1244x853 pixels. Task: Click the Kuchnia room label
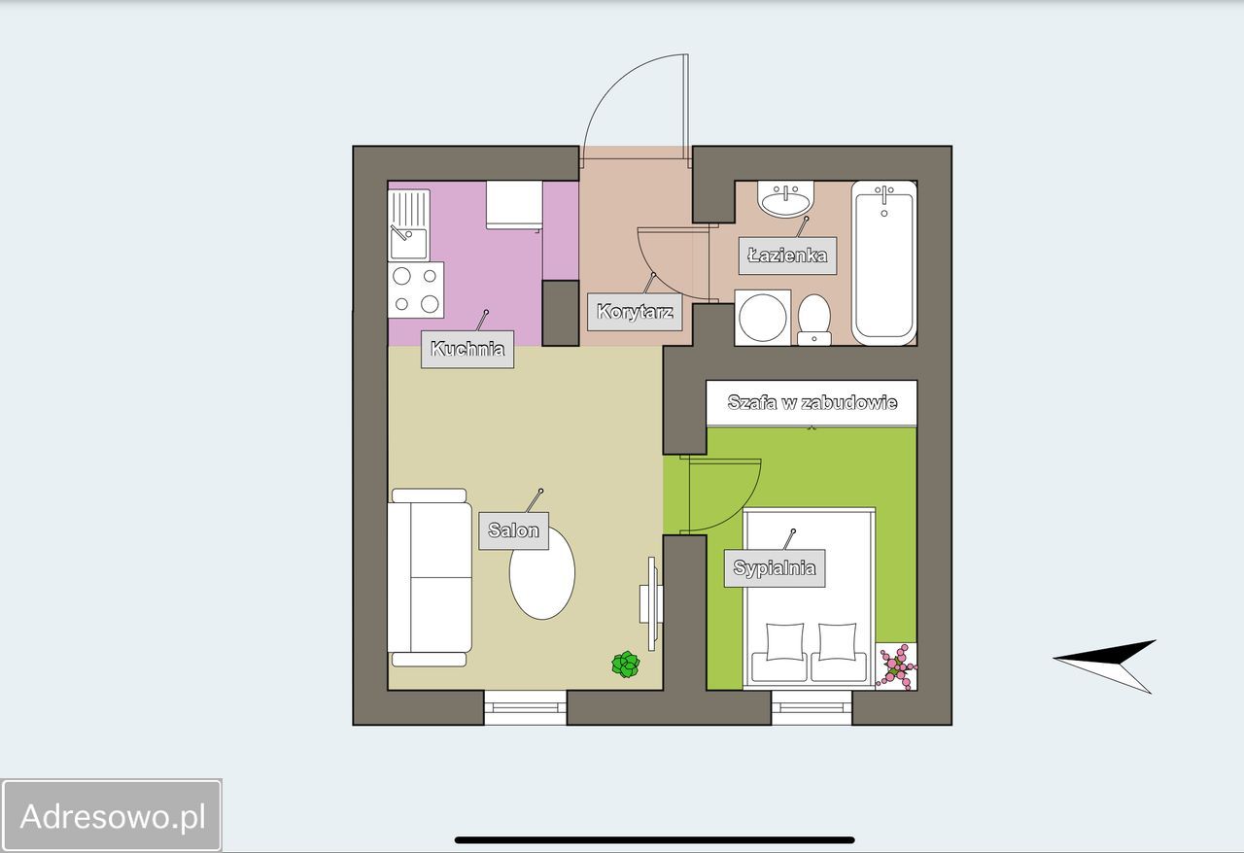click(467, 350)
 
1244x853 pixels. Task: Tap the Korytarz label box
click(635, 312)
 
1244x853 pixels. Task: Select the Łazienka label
click(787, 256)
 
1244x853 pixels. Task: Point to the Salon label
click(514, 530)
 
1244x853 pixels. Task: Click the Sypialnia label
click(775, 568)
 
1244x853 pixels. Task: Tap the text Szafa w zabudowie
click(812, 402)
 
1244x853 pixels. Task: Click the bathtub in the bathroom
click(883, 263)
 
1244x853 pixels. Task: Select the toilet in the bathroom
click(814, 320)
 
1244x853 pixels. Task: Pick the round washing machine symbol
click(763, 318)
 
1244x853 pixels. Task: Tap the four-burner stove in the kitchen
click(415, 290)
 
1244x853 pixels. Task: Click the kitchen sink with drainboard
click(409, 225)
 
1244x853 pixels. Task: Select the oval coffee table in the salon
click(542, 572)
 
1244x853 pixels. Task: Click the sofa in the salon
click(430, 577)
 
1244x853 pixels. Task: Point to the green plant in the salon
click(626, 665)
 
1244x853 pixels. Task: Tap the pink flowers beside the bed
click(896, 666)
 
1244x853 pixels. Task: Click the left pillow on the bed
click(784, 642)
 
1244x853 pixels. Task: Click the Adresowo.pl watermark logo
click(112, 816)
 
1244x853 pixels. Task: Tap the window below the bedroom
click(812, 707)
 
